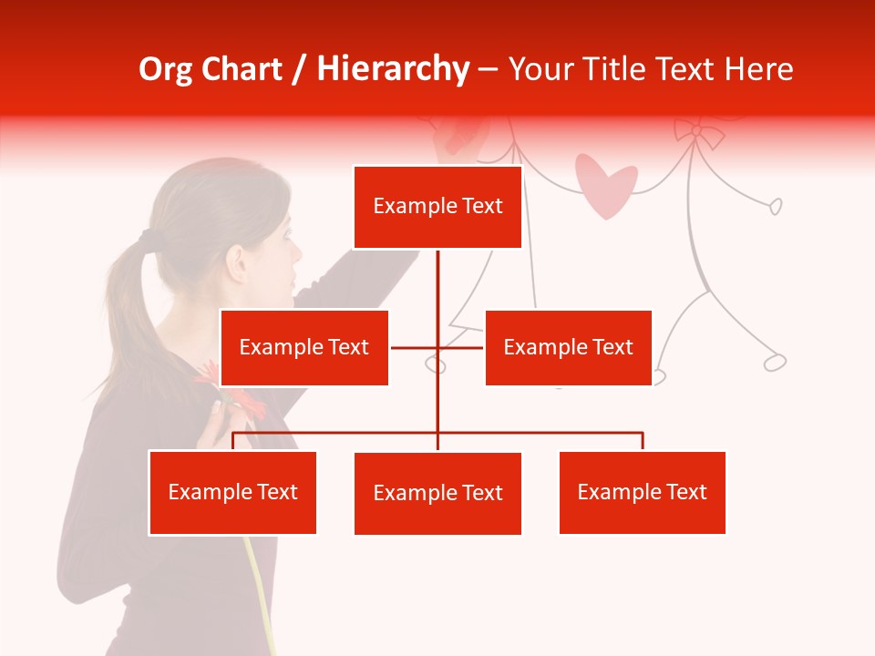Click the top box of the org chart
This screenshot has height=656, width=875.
pyautogui.click(x=437, y=207)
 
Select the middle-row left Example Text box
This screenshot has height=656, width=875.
pyautogui.click(x=304, y=347)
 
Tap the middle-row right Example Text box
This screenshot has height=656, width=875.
pyautogui.click(x=568, y=347)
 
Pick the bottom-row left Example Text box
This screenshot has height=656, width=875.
pyautogui.click(x=233, y=492)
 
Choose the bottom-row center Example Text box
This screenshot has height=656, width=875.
pyautogui.click(x=437, y=493)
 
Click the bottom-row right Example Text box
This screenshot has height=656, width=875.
pyautogui.click(x=642, y=492)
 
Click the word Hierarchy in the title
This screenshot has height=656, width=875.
pyautogui.click(x=393, y=69)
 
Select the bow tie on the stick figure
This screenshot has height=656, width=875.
pyautogui.click(x=697, y=133)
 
